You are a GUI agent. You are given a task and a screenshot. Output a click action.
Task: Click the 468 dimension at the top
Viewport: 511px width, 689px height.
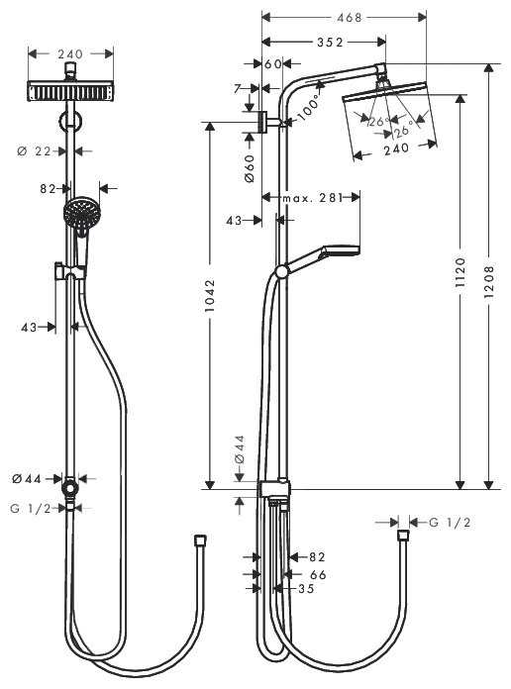(x=344, y=17)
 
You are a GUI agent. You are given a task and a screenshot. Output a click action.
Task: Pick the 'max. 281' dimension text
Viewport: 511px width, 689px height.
(x=312, y=198)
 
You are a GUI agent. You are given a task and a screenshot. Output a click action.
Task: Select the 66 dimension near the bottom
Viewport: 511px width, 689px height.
(x=318, y=573)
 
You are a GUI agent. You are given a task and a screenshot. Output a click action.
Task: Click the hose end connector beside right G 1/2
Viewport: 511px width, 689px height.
(x=402, y=535)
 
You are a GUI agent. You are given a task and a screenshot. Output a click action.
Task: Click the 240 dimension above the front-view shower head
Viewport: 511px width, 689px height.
(x=68, y=54)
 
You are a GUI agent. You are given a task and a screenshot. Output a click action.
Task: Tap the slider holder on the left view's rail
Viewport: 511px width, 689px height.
(x=66, y=269)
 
